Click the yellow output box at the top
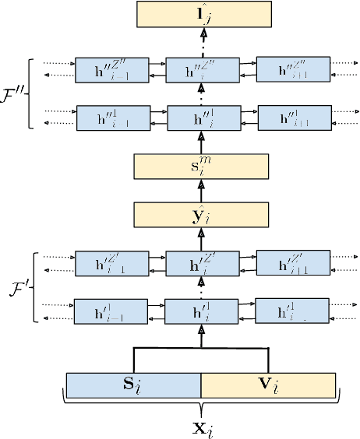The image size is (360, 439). [x=203, y=16]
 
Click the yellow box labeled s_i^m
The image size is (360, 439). [x=202, y=167]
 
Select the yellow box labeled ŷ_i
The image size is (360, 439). [x=202, y=214]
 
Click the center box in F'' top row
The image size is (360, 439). [x=201, y=71]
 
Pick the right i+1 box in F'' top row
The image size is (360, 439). [x=288, y=70]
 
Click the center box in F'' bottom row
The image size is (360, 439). [x=201, y=119]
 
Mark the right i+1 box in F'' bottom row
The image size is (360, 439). [x=288, y=119]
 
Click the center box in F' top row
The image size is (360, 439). [x=201, y=264]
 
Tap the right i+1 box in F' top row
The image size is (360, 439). [x=288, y=262]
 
